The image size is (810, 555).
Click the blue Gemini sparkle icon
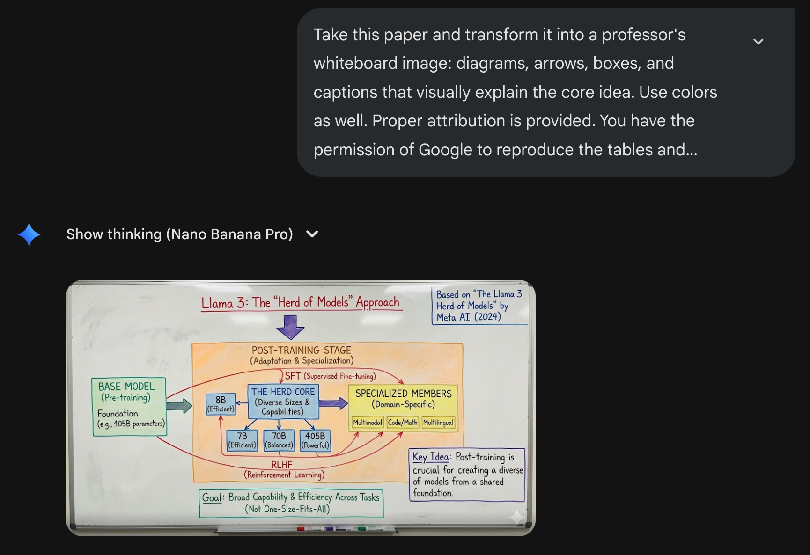point(29,234)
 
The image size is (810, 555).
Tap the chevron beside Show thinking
point(312,234)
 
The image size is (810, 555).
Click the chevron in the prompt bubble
point(758,42)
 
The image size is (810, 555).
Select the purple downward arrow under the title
point(290,327)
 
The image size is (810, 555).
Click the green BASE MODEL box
point(129,406)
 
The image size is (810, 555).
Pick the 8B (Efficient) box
point(221,404)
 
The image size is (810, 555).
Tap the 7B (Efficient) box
point(242,440)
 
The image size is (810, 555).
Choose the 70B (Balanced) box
point(279,440)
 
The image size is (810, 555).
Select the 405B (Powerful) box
point(315,440)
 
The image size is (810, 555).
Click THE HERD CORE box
point(283,402)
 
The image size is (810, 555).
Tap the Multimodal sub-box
point(368,423)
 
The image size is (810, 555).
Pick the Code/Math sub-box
point(403,423)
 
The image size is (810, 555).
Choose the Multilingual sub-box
point(438,423)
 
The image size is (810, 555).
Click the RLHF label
point(282,465)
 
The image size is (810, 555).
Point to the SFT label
point(293,376)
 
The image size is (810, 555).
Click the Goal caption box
point(291,503)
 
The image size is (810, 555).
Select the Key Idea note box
point(467,475)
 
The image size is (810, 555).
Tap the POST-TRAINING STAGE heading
point(302,351)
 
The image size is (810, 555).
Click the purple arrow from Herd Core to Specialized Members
point(333,403)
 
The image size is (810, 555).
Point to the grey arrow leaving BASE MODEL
point(179,406)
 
